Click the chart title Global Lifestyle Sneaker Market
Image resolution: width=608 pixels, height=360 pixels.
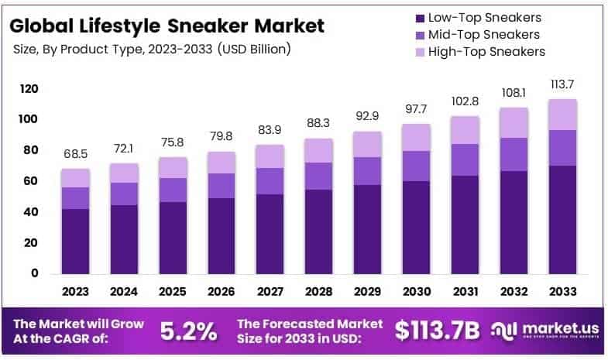pos(167,26)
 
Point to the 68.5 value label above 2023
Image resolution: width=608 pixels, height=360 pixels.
pos(76,156)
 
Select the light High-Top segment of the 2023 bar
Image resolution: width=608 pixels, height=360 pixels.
pos(76,178)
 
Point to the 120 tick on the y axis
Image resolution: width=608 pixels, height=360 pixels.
pos(29,89)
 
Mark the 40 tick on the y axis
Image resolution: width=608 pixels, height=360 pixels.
pos(31,212)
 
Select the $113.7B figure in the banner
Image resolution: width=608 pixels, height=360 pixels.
pos(438,331)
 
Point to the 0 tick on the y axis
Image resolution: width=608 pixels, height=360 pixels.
pos(34,273)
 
